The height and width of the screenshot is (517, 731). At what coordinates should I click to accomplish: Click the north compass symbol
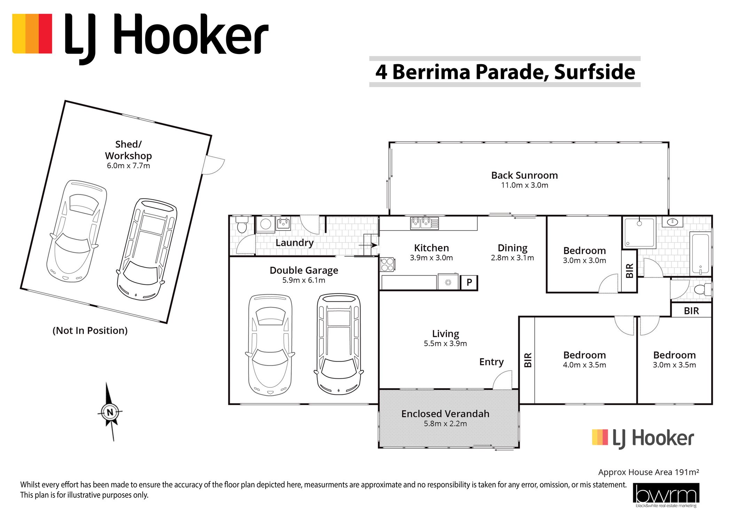point(110,412)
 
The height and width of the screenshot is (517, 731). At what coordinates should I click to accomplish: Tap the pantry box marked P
point(469,283)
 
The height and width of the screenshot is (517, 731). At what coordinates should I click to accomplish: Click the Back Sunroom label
point(524,175)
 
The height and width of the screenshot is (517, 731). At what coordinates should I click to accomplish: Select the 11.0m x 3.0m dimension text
point(524,185)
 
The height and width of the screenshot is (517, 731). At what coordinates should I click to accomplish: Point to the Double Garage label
point(304,270)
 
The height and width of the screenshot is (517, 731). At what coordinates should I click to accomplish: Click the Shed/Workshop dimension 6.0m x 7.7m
point(128,166)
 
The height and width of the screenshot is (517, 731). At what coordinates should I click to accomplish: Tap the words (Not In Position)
point(90,330)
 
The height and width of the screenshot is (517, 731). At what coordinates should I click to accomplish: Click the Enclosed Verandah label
point(445,414)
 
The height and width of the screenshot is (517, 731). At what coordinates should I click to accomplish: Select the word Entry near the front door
point(491,362)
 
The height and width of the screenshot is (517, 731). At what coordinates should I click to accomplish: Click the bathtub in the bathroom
point(701,253)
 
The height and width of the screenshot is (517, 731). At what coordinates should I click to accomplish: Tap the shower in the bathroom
point(639,232)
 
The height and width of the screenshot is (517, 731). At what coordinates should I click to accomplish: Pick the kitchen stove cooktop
point(387,264)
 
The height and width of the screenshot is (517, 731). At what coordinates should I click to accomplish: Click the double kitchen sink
point(424,223)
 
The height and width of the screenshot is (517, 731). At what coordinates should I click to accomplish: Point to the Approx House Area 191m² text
point(649,472)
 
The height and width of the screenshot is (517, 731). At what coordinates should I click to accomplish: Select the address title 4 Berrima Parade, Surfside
point(505,72)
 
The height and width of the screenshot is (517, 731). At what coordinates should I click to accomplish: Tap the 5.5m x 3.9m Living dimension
point(445,344)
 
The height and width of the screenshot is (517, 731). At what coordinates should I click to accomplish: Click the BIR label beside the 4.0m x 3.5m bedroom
point(528,360)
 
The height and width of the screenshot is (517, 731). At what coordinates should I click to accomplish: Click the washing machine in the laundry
point(266,224)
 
